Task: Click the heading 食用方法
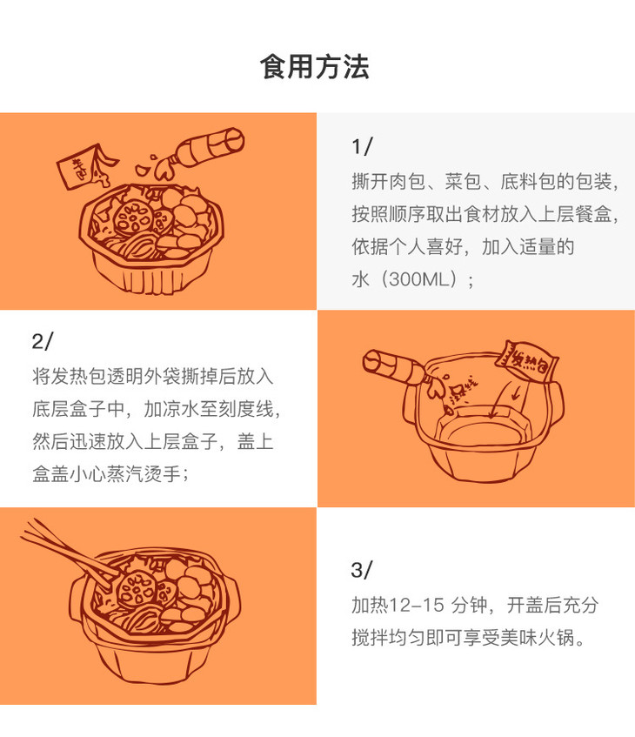[314, 66]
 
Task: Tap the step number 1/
[363, 147]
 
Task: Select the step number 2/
[43, 341]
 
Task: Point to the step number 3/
[362, 570]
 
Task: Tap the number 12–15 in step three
[417, 605]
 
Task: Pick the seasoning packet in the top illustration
[84, 165]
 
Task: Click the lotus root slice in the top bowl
[132, 218]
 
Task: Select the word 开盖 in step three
[525, 605]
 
